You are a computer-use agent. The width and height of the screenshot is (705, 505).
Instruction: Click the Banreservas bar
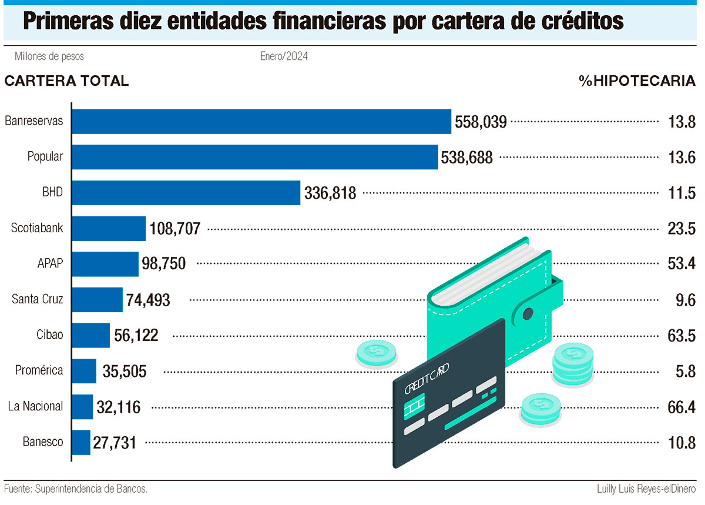pyautogui.click(x=261, y=122)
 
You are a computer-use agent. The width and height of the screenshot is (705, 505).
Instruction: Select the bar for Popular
pyautogui.click(x=255, y=157)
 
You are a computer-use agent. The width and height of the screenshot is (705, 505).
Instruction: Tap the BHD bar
pyautogui.click(x=186, y=193)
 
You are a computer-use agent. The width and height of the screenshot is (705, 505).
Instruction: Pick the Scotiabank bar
pyautogui.click(x=109, y=228)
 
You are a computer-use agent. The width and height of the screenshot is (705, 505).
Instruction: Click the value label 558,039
pyautogui.click(x=481, y=122)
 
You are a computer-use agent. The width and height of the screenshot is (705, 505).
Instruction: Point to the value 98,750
pyautogui.click(x=163, y=264)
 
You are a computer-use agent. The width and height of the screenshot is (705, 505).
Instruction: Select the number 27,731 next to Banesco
pyautogui.click(x=114, y=442)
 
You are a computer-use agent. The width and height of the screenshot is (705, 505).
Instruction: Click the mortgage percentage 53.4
pyautogui.click(x=681, y=264)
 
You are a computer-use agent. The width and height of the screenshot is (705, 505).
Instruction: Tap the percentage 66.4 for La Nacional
pyautogui.click(x=681, y=407)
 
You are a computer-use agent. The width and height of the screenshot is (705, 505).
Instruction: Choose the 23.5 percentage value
pyautogui.click(x=681, y=229)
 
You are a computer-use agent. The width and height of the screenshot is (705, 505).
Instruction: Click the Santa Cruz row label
pyautogui.click(x=38, y=299)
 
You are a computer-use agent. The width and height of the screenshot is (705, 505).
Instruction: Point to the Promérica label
pyautogui.click(x=39, y=370)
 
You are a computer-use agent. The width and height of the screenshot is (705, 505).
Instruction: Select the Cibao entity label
pyautogui.click(x=50, y=335)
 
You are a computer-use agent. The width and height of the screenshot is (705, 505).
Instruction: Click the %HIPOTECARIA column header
pyautogui.click(x=637, y=82)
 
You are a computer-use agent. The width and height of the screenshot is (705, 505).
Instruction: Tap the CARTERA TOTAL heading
pyautogui.click(x=66, y=82)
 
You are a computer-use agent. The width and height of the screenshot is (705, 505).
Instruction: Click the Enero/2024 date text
pyautogui.click(x=284, y=56)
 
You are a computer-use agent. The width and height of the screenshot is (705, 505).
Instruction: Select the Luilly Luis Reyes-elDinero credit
pyautogui.click(x=646, y=489)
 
